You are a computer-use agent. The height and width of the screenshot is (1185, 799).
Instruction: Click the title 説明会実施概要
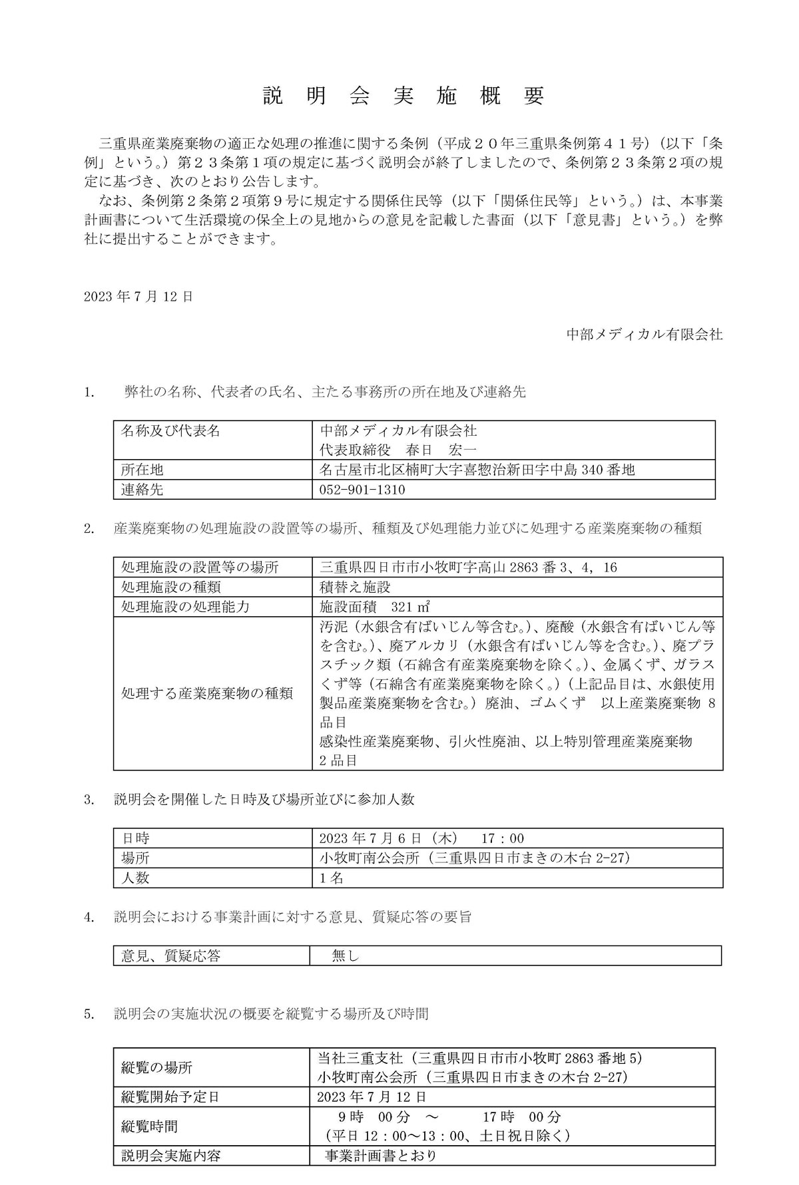403,96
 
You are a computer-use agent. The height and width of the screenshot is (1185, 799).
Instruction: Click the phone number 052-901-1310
363,490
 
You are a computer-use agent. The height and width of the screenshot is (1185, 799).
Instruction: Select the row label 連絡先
142,490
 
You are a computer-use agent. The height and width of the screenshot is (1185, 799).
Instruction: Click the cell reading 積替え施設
355,587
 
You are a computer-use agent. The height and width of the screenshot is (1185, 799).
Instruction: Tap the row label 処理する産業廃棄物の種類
206,693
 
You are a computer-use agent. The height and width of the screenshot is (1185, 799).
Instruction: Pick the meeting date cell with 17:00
421,838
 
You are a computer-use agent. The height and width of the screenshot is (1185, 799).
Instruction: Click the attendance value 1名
332,878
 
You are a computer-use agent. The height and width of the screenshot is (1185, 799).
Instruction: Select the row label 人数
135,878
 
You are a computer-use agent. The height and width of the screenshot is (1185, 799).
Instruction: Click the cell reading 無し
346,956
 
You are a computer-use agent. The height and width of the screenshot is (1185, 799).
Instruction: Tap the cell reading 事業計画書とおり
380,1156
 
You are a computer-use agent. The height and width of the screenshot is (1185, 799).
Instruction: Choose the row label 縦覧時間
149,1126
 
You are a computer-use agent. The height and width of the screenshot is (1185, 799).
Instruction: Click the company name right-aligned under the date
644,335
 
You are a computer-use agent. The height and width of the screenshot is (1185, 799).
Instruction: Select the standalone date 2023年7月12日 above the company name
138,297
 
